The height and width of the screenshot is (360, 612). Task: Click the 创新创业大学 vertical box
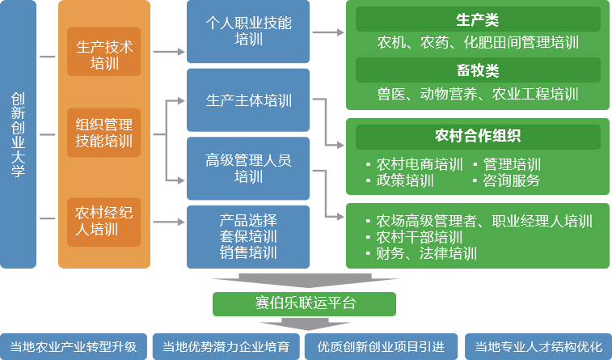point(19,134)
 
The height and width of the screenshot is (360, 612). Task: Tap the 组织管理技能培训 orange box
point(103,133)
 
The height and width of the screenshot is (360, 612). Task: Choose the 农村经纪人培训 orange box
point(103,221)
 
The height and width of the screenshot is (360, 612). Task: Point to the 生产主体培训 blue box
point(247,101)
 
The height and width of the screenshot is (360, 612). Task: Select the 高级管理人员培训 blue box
point(247,167)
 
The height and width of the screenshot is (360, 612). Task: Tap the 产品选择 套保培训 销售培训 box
point(247,235)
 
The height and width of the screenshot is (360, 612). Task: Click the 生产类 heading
point(477,19)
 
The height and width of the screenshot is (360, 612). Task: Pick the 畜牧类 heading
point(477,70)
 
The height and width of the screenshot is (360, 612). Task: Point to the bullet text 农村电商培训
point(420,164)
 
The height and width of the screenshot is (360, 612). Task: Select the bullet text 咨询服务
point(512,180)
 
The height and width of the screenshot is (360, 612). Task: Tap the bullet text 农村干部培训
point(420,237)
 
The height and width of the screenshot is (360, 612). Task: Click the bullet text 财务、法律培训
point(426,253)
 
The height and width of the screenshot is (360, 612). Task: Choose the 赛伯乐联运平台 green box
point(304,303)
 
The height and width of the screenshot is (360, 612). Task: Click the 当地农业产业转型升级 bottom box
point(74,346)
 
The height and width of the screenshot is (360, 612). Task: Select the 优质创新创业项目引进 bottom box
point(379,346)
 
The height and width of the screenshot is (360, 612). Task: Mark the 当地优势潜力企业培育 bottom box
point(226,346)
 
